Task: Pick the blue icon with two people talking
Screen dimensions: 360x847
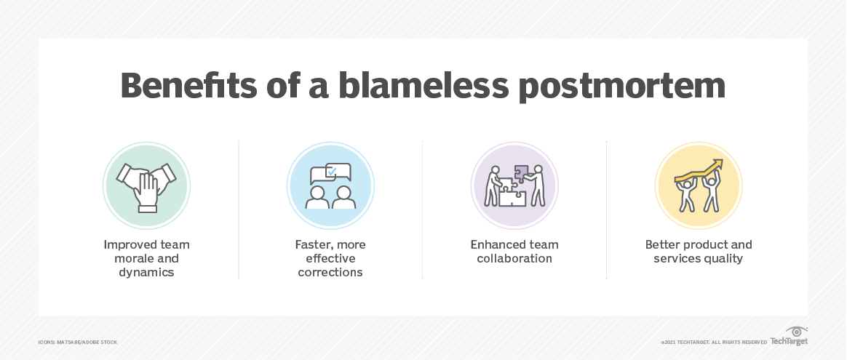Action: [x=330, y=185]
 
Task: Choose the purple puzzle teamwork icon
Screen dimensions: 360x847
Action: [x=514, y=185]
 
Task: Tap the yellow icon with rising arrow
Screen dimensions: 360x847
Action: [x=698, y=185]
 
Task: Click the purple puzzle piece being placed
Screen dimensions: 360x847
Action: [x=522, y=173]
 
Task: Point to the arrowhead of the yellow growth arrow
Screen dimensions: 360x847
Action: [x=718, y=164]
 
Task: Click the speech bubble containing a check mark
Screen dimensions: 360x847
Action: [x=337, y=172]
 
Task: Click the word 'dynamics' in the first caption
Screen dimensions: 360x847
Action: [x=146, y=272]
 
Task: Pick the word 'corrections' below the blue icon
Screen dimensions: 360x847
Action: [x=330, y=272]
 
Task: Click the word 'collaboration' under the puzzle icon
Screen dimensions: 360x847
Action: [x=514, y=258]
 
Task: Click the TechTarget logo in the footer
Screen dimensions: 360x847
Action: [x=790, y=337]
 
